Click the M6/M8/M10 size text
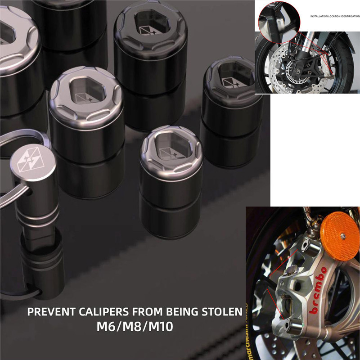click(x=135, y=327)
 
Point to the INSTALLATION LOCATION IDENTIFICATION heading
click(x=335, y=16)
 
